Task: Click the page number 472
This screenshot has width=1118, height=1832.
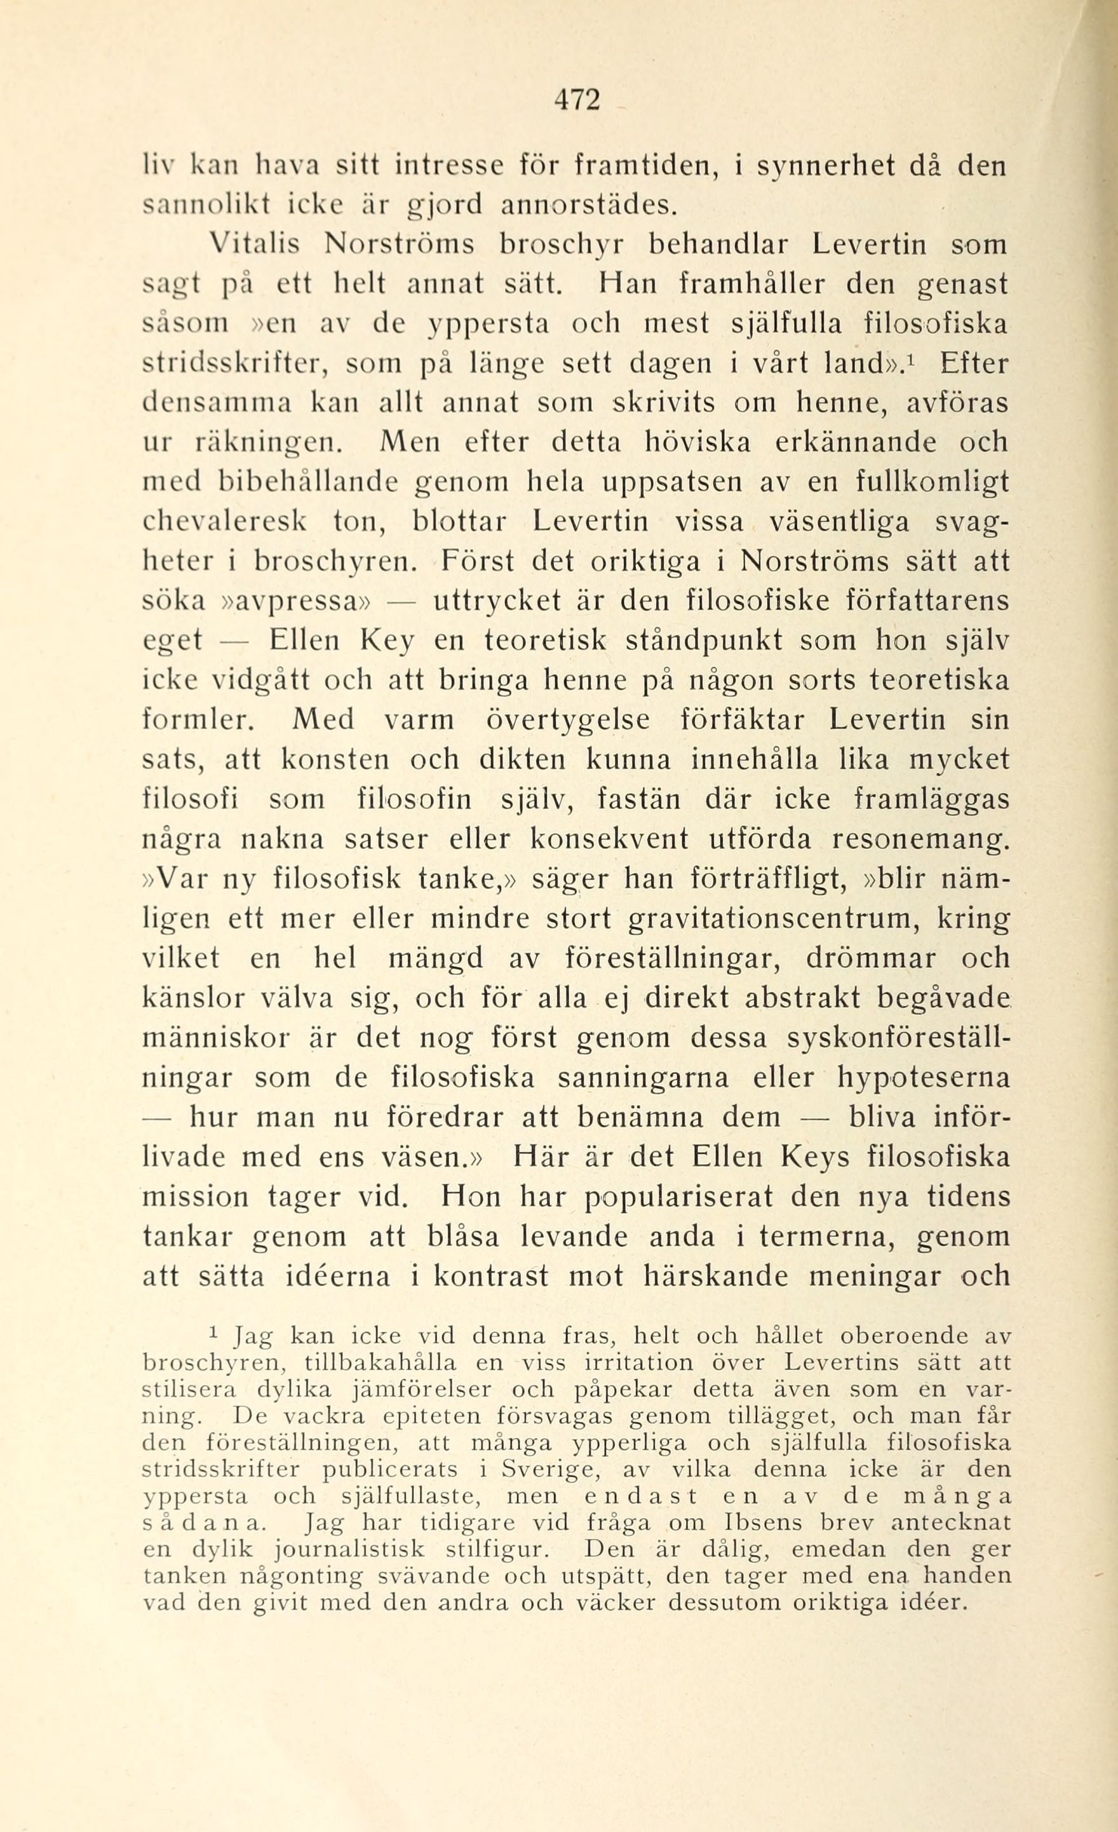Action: coord(576,100)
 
